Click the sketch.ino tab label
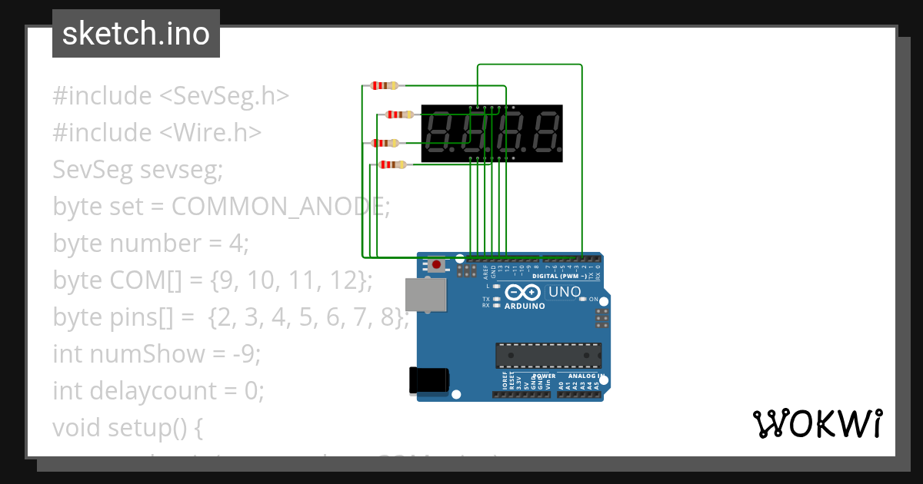pos(136,34)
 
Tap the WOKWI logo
pos(817,423)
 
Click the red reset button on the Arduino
pos(437,265)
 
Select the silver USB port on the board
pos(425,295)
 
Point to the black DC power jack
pos(428,380)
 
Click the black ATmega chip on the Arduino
pos(548,355)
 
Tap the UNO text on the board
pos(565,292)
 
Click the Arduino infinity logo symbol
pos(524,293)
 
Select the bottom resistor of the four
pos(392,164)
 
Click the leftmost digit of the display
pos(442,133)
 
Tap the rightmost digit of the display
pos(544,133)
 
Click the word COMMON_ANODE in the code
pos(281,206)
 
